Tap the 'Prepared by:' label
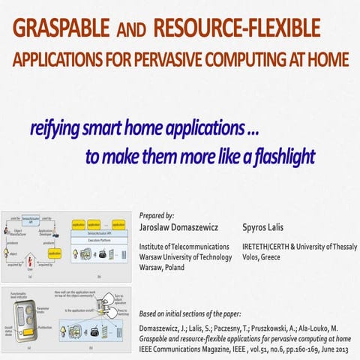pyautogui.click(x=157, y=215)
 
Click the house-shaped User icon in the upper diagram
pyautogui.click(x=30, y=259)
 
